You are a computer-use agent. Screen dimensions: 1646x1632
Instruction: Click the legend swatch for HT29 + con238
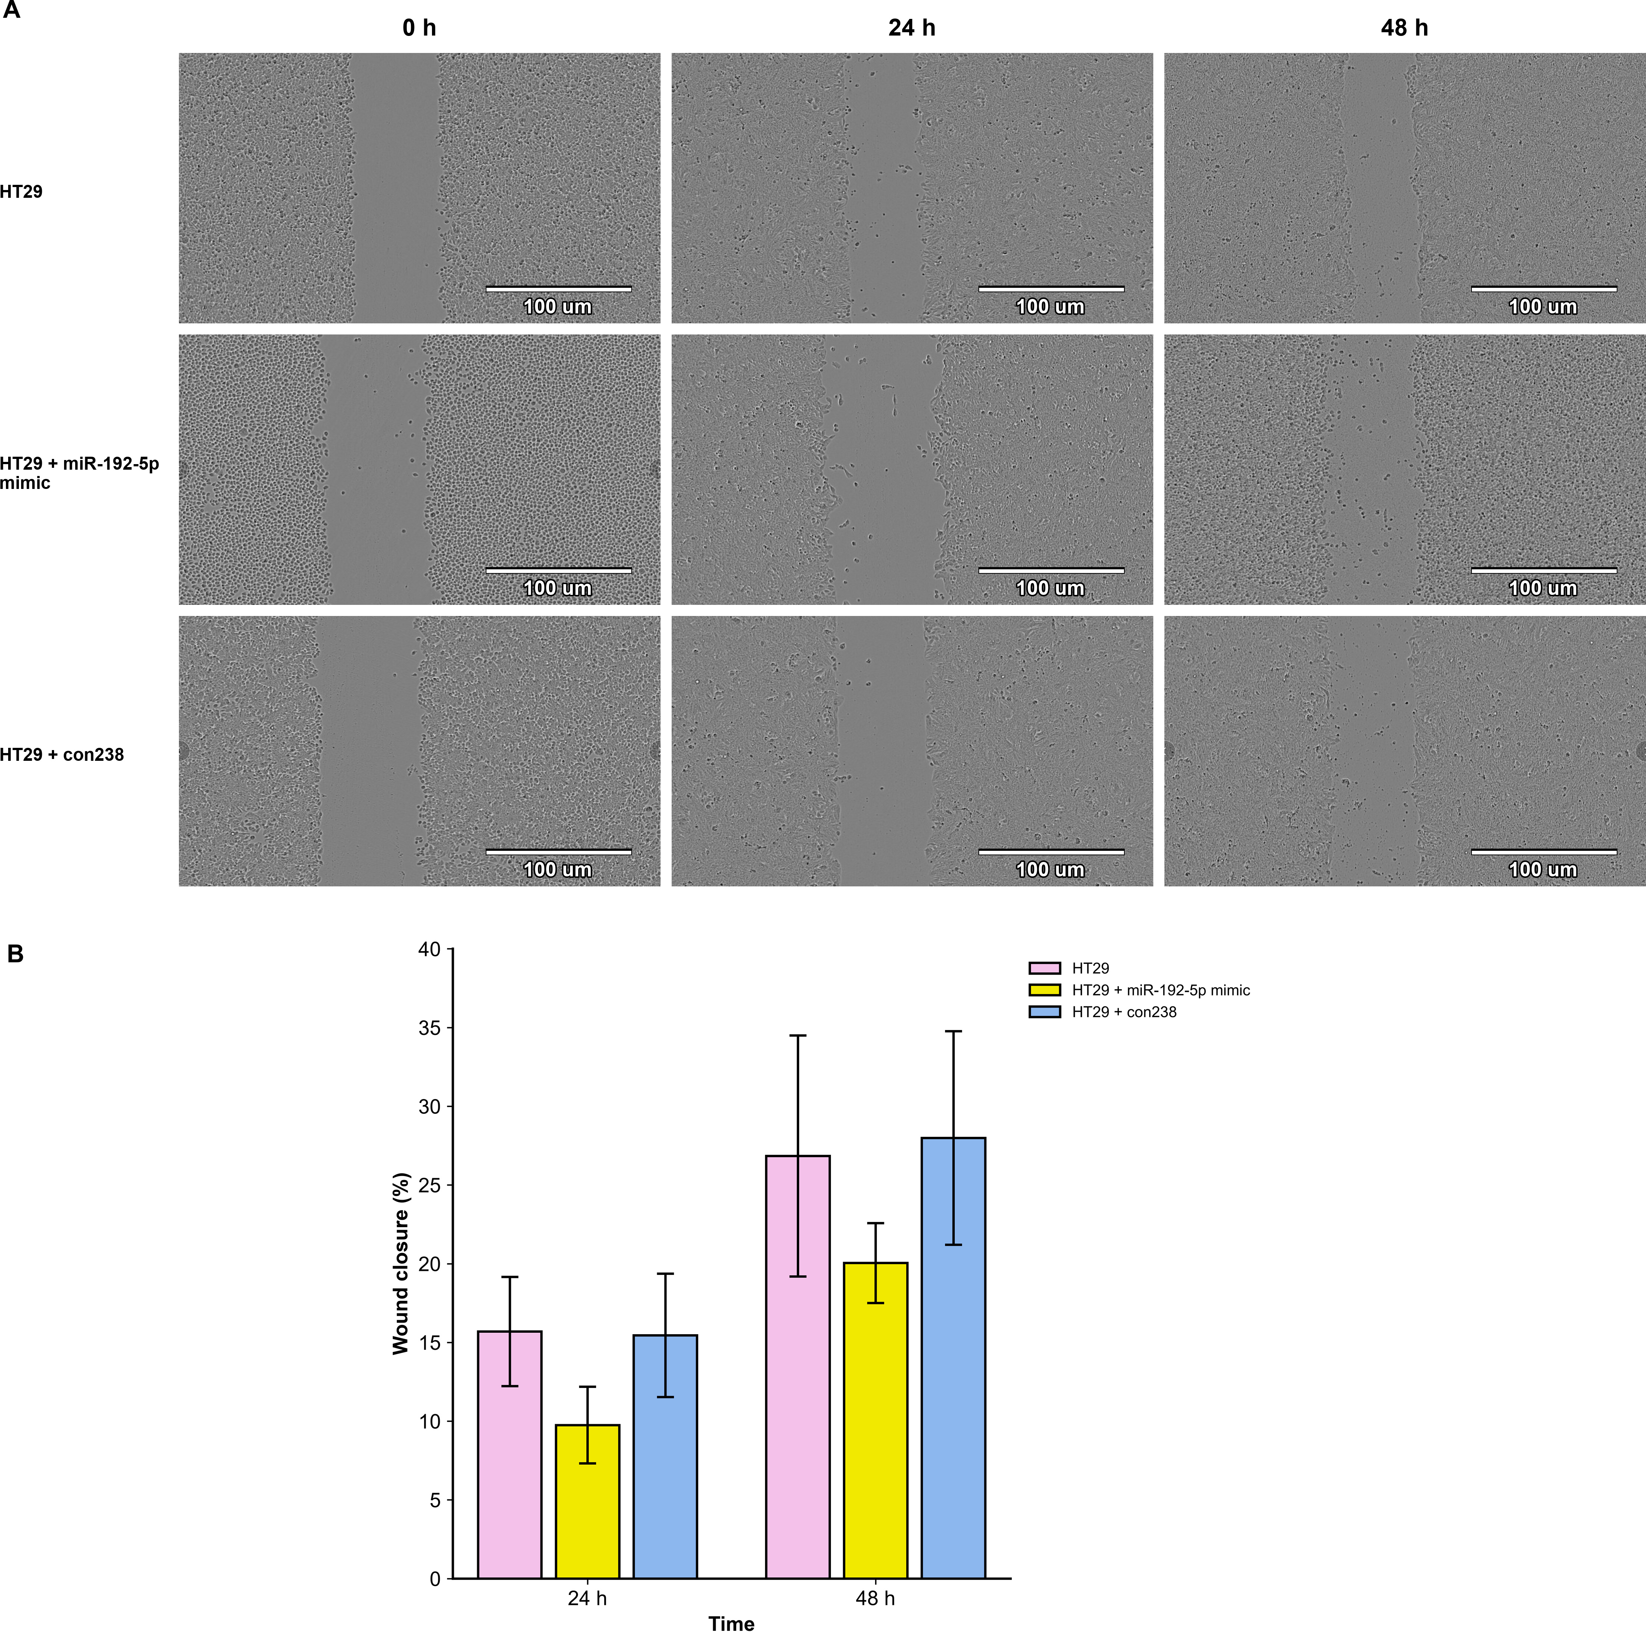point(1044,1012)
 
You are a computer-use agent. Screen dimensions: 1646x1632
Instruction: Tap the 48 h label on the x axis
point(875,1598)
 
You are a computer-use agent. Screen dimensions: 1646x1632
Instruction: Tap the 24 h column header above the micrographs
point(912,28)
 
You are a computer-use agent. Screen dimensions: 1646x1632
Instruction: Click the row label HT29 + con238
point(62,755)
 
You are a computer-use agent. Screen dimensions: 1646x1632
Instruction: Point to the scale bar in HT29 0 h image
point(559,289)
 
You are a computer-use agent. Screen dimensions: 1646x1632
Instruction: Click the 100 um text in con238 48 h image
point(1543,870)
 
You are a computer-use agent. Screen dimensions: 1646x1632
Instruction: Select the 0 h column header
point(419,28)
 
